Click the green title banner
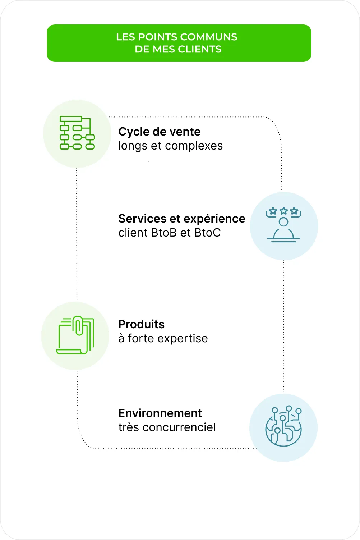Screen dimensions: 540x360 click(179, 43)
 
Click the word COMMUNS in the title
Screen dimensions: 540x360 click(208, 37)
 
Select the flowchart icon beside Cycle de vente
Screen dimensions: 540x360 click(77, 133)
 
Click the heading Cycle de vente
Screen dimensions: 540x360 click(159, 132)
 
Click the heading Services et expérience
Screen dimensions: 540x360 click(181, 219)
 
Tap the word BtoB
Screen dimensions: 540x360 click(164, 233)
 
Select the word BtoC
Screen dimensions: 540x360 click(207, 233)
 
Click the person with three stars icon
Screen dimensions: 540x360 click(283, 225)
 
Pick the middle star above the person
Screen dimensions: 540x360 click(283, 211)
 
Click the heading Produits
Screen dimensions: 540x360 click(141, 324)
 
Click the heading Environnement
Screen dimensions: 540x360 click(160, 413)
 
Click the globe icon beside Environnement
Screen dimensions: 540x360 click(283, 427)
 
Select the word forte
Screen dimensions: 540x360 click(141, 339)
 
